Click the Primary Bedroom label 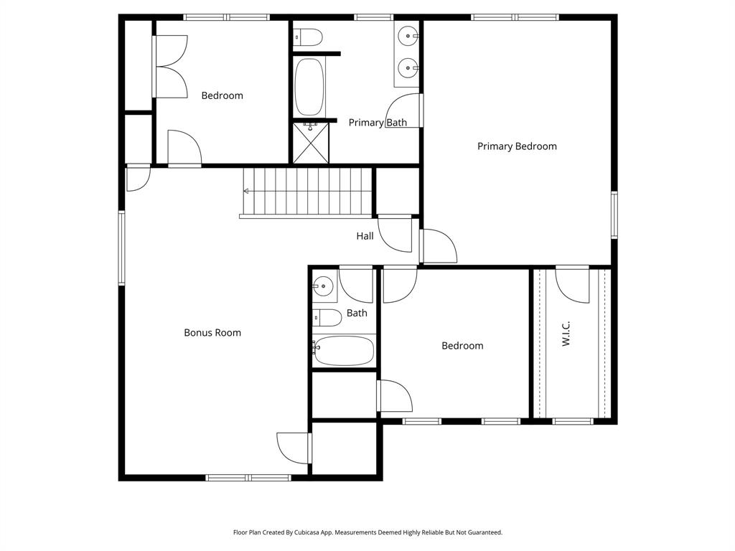pyautogui.click(x=517, y=146)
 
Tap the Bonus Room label pyautogui.click(x=212, y=333)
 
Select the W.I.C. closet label pyautogui.click(x=566, y=334)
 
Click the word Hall pyautogui.click(x=365, y=236)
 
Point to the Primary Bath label pyautogui.click(x=378, y=123)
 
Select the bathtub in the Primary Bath pyautogui.click(x=309, y=86)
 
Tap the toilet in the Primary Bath pyautogui.click(x=307, y=35)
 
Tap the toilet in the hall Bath pyautogui.click(x=327, y=317)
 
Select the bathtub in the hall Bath pyautogui.click(x=344, y=350)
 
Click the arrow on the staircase pyautogui.click(x=247, y=191)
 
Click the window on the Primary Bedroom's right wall pyautogui.click(x=614, y=215)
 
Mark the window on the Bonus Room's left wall pyautogui.click(x=121, y=248)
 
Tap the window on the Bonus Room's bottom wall pyautogui.click(x=248, y=477)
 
